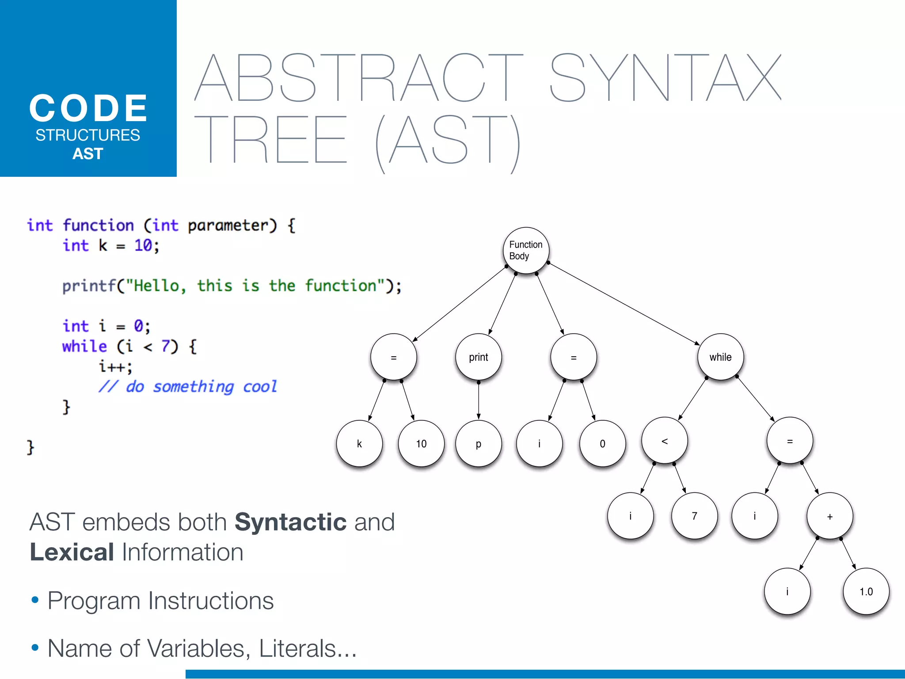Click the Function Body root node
(526, 250)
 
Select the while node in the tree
(720, 357)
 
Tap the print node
(478, 357)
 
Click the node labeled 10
(421, 443)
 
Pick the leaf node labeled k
(359, 443)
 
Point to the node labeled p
(478, 443)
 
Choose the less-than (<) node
(665, 441)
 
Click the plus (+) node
(829, 516)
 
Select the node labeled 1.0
(866, 591)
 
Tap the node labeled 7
(694, 516)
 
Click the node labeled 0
(602, 443)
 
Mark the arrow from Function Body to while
(623, 304)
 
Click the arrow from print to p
(478, 400)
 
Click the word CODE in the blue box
(88, 108)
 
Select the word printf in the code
(88, 286)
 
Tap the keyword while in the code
(84, 346)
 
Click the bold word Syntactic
(290, 522)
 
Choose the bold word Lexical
(72, 552)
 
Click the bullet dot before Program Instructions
(35, 600)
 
